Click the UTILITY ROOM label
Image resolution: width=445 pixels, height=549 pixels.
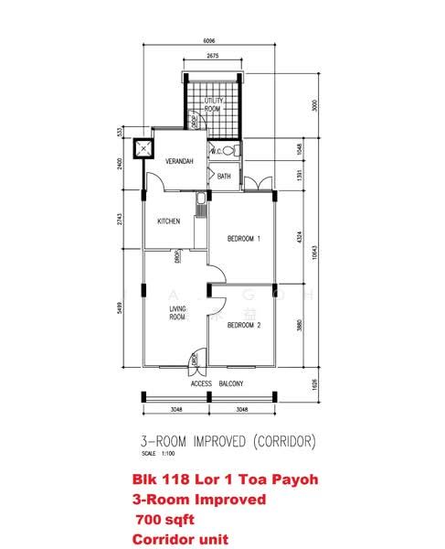(x=212, y=104)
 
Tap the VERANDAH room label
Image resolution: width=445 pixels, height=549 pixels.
(x=180, y=162)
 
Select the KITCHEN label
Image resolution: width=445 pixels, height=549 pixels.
(x=168, y=221)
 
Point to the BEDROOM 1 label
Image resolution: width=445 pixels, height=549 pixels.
(x=244, y=239)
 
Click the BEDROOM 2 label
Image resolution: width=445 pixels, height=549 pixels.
(x=244, y=326)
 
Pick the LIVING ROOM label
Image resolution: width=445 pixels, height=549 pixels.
(x=176, y=314)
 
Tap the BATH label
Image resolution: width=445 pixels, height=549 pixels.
(x=224, y=176)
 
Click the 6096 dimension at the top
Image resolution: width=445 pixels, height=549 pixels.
(x=209, y=39)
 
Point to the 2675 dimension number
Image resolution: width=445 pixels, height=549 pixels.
(x=212, y=57)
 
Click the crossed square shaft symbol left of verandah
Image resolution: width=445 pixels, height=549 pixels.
(x=143, y=148)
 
